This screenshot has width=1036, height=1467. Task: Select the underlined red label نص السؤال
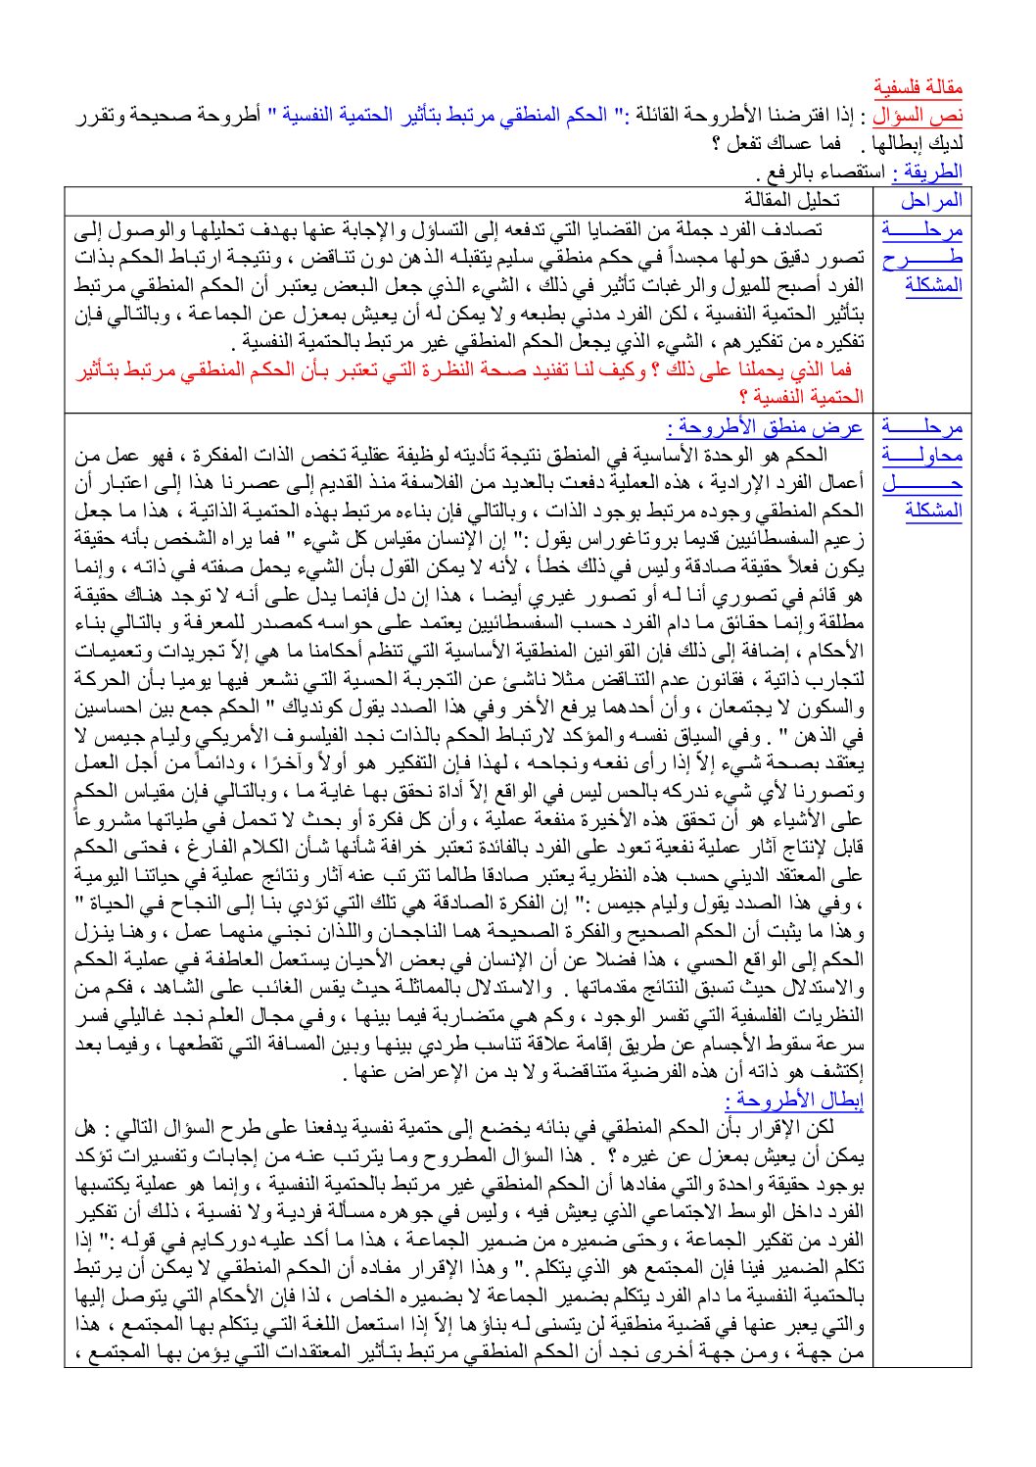pyautogui.click(x=918, y=116)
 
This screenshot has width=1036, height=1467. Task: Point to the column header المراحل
pyautogui.click(x=931, y=200)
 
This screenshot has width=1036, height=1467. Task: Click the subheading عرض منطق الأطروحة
pyautogui.click(x=765, y=427)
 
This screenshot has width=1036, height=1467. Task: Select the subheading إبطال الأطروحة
pyautogui.click(x=795, y=1100)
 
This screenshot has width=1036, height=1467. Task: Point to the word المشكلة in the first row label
pyautogui.click(x=934, y=286)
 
